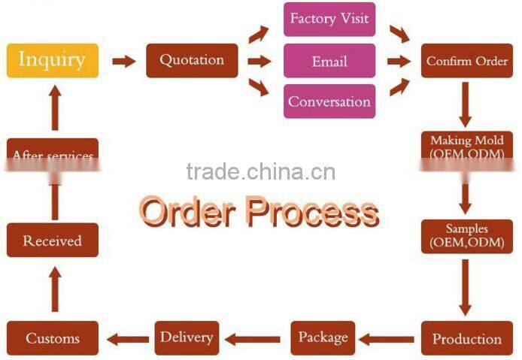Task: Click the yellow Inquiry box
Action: click(52, 59)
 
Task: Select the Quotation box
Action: click(192, 60)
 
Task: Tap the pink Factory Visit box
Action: click(329, 20)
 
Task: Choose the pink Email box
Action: click(329, 60)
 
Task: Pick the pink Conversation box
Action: click(329, 101)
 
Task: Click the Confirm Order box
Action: click(467, 61)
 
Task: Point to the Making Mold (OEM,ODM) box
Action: click(466, 147)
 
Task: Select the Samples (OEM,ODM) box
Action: click(466, 236)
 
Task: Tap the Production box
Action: click(466, 338)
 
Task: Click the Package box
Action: click(323, 337)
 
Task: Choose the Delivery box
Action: click(187, 337)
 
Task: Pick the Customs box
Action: click(53, 338)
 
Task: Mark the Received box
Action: click(53, 241)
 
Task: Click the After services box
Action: click(53, 154)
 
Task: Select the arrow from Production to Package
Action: click(390, 339)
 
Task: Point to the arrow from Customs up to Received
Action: click(53, 289)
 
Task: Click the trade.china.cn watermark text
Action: click(260, 171)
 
